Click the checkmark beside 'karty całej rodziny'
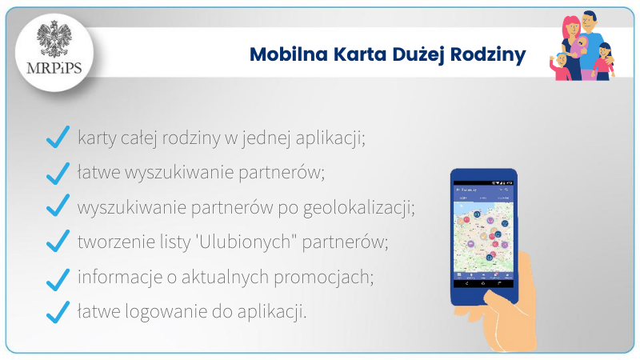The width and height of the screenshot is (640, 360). coord(58,138)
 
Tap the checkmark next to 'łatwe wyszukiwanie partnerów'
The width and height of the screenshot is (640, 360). coord(58,173)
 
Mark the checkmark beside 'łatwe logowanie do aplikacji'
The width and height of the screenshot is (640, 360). coord(58,312)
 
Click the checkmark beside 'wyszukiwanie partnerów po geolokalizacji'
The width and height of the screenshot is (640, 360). coord(58,207)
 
